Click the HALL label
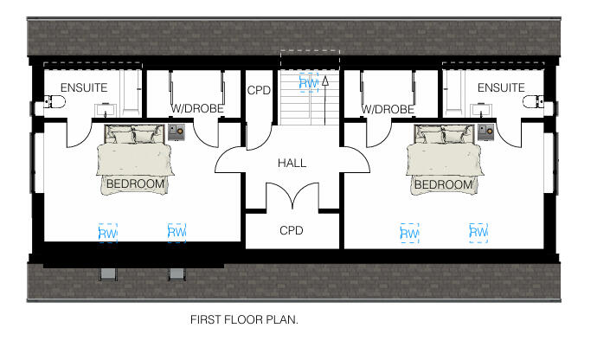292,163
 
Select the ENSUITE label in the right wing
501,87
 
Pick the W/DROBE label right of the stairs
387,110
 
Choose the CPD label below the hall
291,231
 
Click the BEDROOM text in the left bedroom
135,184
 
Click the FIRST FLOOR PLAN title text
244,319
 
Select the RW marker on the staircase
306,83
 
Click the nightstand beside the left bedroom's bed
177,132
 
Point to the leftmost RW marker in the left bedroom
107,233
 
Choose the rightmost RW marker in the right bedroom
478,232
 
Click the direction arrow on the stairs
324,81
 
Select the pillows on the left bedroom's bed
134,134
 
